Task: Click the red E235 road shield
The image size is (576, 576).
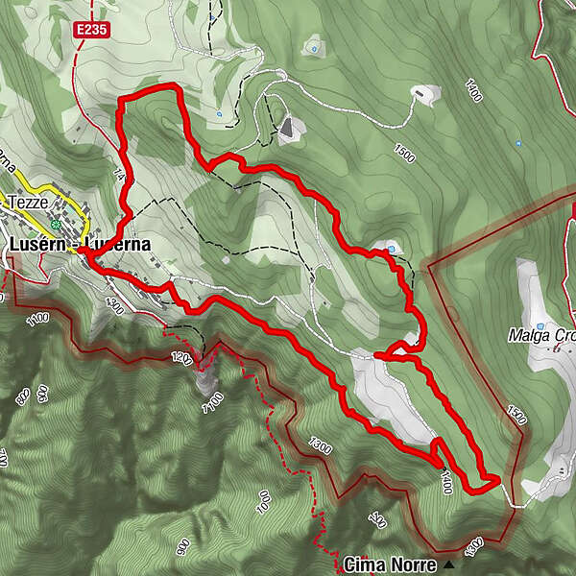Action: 95,31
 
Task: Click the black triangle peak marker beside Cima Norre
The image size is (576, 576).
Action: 449,564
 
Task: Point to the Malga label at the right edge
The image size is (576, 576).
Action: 542,336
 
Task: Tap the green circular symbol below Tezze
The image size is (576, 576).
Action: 57,225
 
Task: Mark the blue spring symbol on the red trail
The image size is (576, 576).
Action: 392,251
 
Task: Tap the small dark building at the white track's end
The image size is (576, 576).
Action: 422,93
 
